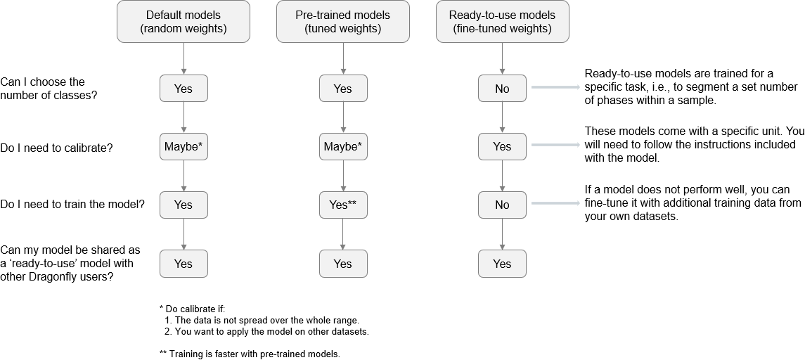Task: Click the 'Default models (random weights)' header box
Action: point(183,22)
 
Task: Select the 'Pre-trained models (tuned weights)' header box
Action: point(343,22)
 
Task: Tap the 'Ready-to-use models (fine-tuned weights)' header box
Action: point(502,22)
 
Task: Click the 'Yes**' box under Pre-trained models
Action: point(343,205)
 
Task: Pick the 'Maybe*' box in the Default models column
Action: point(183,147)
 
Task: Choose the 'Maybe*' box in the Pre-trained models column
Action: point(343,147)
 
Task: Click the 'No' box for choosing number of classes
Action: point(502,89)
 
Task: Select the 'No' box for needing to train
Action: point(502,205)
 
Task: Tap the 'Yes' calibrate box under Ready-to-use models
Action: point(502,147)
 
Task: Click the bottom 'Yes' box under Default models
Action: point(183,264)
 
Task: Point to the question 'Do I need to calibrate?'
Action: point(56,148)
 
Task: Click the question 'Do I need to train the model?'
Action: point(72,205)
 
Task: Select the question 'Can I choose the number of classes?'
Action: point(49,89)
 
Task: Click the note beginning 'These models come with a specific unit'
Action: point(690,146)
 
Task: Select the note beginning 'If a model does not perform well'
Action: point(693,203)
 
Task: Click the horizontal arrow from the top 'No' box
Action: point(555,88)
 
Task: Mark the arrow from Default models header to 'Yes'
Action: point(183,58)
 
